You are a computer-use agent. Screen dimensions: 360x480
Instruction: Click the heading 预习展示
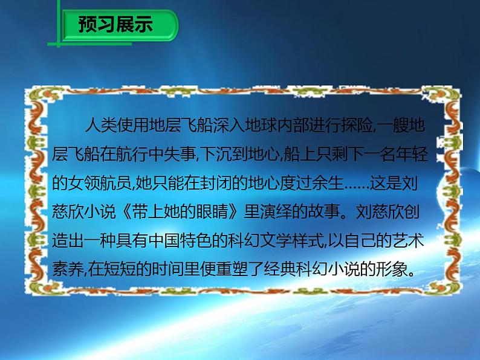pos(115,25)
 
